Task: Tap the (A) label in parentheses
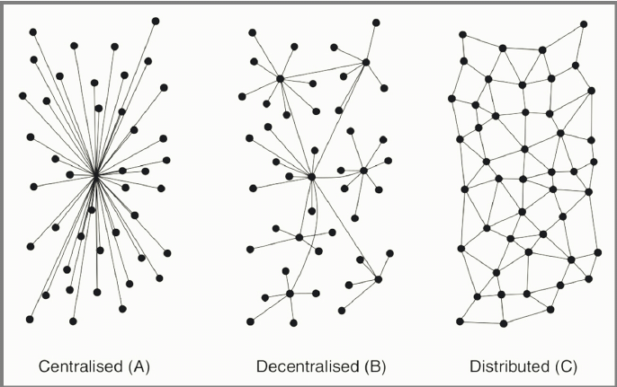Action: pyautogui.click(x=139, y=366)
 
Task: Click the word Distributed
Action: pyautogui.click(x=506, y=366)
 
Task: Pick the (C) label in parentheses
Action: pyautogui.click(x=564, y=366)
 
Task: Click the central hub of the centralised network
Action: pyautogui.click(x=95, y=175)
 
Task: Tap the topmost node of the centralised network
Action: pyautogui.click(x=156, y=20)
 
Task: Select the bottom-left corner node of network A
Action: pyautogui.click(x=30, y=319)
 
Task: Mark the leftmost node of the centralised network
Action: pyautogui.click(x=22, y=95)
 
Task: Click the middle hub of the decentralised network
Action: pyautogui.click(x=311, y=177)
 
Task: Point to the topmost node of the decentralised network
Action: pyautogui.click(x=376, y=22)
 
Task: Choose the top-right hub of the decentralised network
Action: pyautogui.click(x=366, y=62)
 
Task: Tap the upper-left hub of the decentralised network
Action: pyautogui.click(x=281, y=79)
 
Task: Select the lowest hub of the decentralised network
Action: pyautogui.click(x=291, y=294)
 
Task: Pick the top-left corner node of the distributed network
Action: pyautogui.click(x=462, y=35)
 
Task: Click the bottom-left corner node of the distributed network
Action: pyautogui.click(x=461, y=320)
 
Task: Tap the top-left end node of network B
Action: pyautogui.click(x=253, y=32)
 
